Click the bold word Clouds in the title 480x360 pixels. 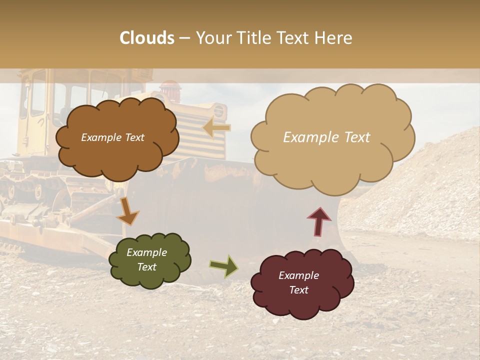(x=147, y=38)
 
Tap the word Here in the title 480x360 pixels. (x=335, y=38)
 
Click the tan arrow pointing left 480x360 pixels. (x=216, y=128)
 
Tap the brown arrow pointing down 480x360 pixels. (x=127, y=211)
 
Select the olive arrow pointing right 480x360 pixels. (x=223, y=266)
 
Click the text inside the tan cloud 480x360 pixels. (x=326, y=137)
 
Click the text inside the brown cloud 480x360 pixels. (x=112, y=137)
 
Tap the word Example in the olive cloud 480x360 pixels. (x=146, y=252)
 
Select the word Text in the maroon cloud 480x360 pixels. (x=298, y=290)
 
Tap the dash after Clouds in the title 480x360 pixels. (x=184, y=38)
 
